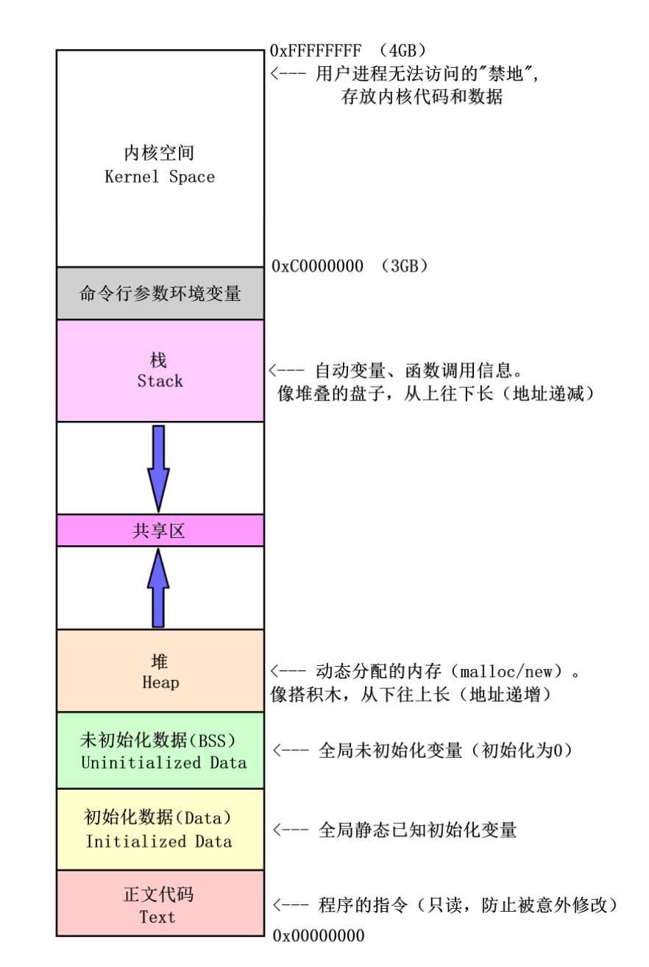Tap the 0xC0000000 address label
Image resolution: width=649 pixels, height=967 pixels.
(317, 266)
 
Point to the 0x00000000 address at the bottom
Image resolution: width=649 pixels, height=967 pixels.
(318, 936)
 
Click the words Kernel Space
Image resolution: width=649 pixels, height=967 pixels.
(160, 177)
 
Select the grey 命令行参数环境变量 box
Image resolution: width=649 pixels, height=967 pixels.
(160, 293)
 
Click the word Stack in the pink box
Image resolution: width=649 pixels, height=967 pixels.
(160, 381)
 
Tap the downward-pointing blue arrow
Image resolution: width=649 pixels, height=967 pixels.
(158, 467)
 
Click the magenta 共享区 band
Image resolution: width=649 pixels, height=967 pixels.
(160, 531)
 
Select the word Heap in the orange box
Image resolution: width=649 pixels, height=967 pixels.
(160, 683)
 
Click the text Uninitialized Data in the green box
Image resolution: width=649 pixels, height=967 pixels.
(163, 762)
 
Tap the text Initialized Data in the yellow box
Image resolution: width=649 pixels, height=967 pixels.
(159, 841)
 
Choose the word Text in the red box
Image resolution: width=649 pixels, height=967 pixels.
(158, 917)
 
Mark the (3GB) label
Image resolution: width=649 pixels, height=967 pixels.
(405, 266)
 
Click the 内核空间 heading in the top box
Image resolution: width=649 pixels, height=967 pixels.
(160, 154)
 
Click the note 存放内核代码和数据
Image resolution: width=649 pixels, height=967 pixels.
(422, 96)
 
